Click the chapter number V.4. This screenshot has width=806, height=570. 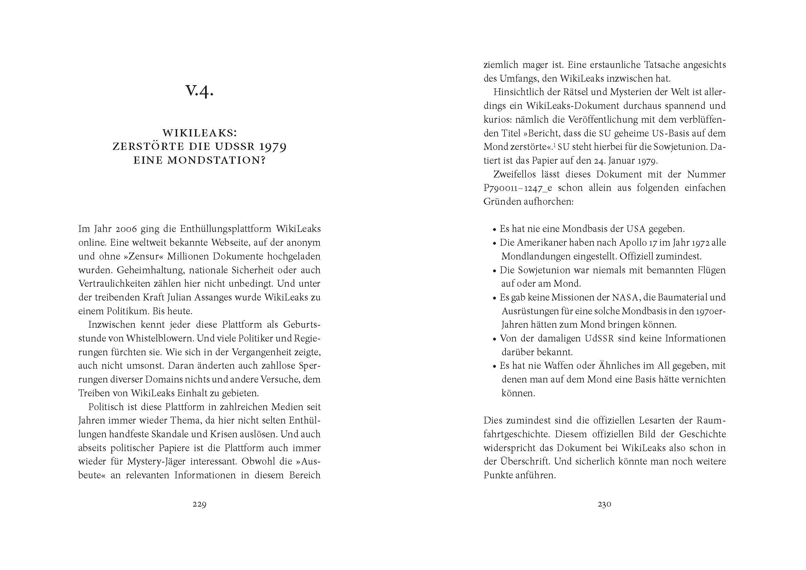[200, 91]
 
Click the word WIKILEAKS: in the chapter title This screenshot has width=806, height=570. [200, 133]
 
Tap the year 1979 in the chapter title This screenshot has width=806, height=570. [269, 147]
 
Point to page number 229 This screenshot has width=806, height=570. [200, 505]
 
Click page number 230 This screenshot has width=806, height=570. [604, 505]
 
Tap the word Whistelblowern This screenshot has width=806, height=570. [159, 339]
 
